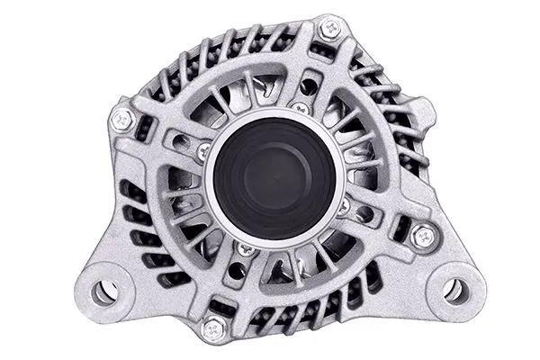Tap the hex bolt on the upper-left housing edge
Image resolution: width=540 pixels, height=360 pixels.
click(x=121, y=118)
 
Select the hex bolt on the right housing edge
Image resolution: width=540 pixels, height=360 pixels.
click(x=421, y=237)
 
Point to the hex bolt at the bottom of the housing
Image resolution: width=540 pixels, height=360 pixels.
click(x=212, y=328)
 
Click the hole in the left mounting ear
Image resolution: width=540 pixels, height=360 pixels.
click(x=103, y=291)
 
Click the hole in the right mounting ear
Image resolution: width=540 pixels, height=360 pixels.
click(x=454, y=290)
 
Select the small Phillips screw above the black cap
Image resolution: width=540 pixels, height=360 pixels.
click(x=301, y=108)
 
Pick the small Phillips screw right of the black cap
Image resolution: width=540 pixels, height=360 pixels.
click(x=343, y=205)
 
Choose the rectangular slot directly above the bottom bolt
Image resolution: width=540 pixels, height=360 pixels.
click(x=221, y=306)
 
